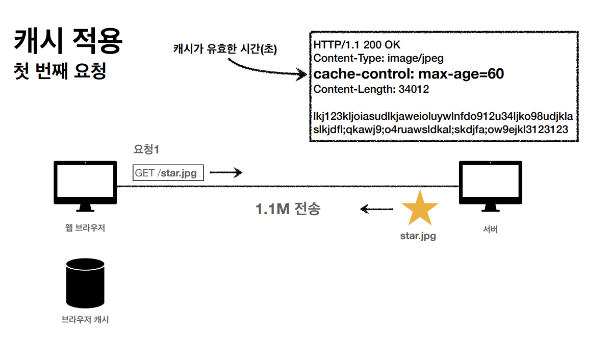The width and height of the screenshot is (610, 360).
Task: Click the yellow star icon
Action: pos(420,209)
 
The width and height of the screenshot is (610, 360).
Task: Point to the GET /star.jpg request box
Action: pos(168,173)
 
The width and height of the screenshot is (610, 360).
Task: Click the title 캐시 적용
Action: pos(68,42)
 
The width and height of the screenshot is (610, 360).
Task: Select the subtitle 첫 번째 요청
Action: pos(60,71)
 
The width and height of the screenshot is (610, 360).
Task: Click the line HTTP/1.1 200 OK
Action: pos(357,45)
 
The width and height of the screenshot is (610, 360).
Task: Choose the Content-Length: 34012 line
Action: pos(371,89)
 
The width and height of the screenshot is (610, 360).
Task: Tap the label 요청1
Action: pos(146,150)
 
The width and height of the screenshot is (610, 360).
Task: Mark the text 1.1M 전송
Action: pos(288,209)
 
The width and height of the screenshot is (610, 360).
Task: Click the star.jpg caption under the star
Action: pos(418,237)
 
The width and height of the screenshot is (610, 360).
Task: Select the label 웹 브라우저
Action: pos(85,228)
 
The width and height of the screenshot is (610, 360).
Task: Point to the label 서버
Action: pos(490,229)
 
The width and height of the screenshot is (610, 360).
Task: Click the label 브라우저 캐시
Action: pos(85,320)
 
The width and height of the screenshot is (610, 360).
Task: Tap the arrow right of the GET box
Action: pos(225,173)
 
